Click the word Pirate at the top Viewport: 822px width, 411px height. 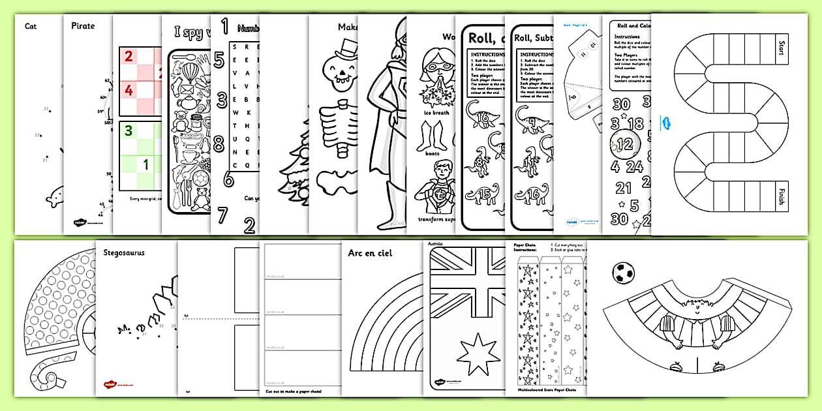tap(83, 26)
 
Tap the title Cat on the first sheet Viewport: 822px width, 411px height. tap(31, 26)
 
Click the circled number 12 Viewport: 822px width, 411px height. tap(624, 143)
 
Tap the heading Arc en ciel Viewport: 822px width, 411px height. tap(370, 253)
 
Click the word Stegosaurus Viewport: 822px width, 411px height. tap(123, 251)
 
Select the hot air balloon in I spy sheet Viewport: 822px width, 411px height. tap(189, 68)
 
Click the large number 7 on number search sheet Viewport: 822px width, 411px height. tap(222, 215)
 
